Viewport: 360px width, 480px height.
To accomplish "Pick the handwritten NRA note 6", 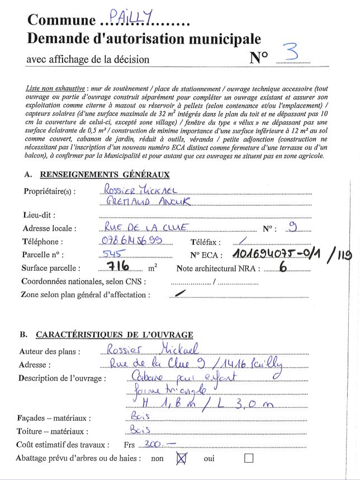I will [282, 267].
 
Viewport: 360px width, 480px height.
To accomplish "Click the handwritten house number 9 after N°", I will [292, 227].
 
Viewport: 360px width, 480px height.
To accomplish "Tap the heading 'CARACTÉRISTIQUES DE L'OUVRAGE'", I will [115, 335].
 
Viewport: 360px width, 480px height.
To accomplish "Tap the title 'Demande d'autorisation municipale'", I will [144, 39].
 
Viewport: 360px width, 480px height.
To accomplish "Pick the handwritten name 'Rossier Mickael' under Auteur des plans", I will [146, 350].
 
